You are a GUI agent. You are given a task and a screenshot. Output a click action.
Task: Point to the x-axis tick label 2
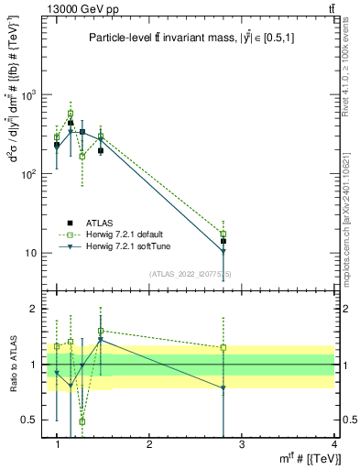[x=149, y=444]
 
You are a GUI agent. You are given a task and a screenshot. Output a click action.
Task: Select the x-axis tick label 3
[x=242, y=444]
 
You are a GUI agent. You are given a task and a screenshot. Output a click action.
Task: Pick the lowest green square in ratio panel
[x=82, y=421]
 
